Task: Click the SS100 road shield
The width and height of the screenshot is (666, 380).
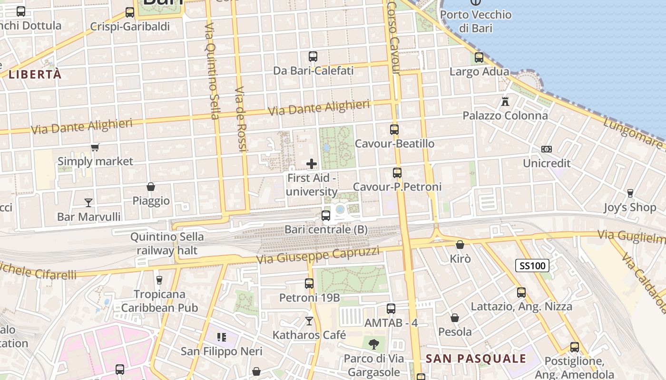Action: [532, 266]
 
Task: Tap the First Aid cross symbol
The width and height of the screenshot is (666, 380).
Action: [312, 164]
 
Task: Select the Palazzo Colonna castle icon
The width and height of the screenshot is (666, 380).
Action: [505, 101]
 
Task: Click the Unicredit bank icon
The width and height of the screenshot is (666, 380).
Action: [547, 149]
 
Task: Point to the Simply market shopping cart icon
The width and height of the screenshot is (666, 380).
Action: [95, 147]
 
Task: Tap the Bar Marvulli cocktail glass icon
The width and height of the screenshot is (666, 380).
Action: [88, 203]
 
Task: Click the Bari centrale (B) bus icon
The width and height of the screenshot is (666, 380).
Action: [326, 216]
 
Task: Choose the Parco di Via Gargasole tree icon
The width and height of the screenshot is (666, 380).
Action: [374, 343]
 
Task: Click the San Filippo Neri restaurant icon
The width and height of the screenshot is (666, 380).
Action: [221, 337]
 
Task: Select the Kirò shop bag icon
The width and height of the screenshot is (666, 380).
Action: [460, 245]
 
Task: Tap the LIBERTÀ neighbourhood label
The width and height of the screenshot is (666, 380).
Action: [35, 75]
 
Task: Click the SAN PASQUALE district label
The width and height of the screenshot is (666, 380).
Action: [476, 359]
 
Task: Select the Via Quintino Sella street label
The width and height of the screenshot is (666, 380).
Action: [212, 71]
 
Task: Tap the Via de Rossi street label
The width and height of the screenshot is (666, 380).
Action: [241, 119]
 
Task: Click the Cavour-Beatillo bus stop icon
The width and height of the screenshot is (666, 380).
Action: [394, 129]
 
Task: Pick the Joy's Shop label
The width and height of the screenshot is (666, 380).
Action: [630, 208]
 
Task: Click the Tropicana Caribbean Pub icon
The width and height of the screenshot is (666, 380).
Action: [159, 280]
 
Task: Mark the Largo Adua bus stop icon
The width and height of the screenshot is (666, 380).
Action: [479, 57]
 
